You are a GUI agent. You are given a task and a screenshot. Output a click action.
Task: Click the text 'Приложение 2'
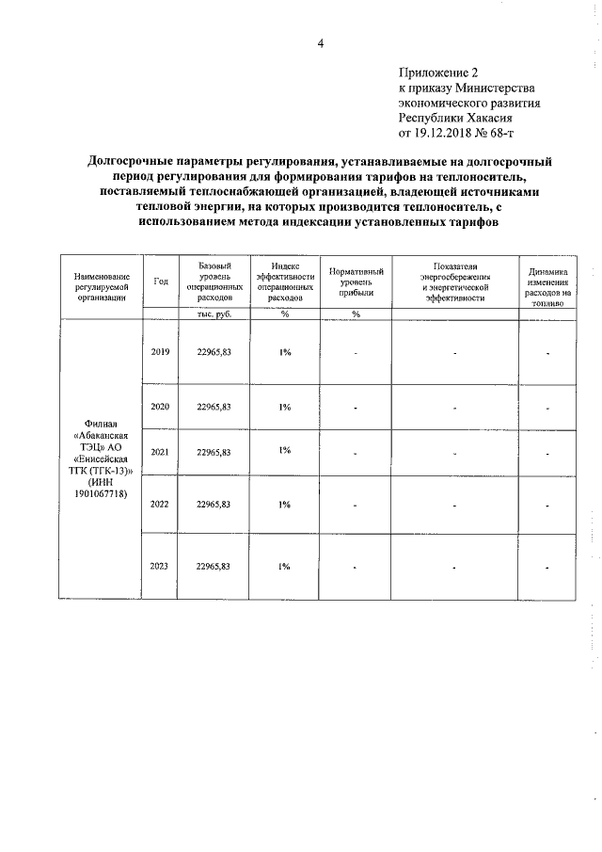pos(439,72)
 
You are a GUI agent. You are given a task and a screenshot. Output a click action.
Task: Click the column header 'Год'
pos(161,281)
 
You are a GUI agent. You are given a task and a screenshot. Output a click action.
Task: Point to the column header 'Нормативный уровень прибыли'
pos(356,281)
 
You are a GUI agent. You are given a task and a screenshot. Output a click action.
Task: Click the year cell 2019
pos(160,352)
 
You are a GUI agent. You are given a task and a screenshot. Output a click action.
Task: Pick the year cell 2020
pos(160,407)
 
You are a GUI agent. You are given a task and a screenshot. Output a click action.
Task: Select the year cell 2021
pos(160,453)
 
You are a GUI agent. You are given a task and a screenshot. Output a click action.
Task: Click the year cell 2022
pos(160,504)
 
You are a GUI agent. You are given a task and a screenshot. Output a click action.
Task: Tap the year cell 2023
pos(160,566)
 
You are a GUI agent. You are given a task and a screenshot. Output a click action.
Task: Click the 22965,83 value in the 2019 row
pos(214,352)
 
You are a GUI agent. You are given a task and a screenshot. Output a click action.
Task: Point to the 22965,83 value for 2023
pos(214,566)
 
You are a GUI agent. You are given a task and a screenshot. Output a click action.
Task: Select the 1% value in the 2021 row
pos(284,451)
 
